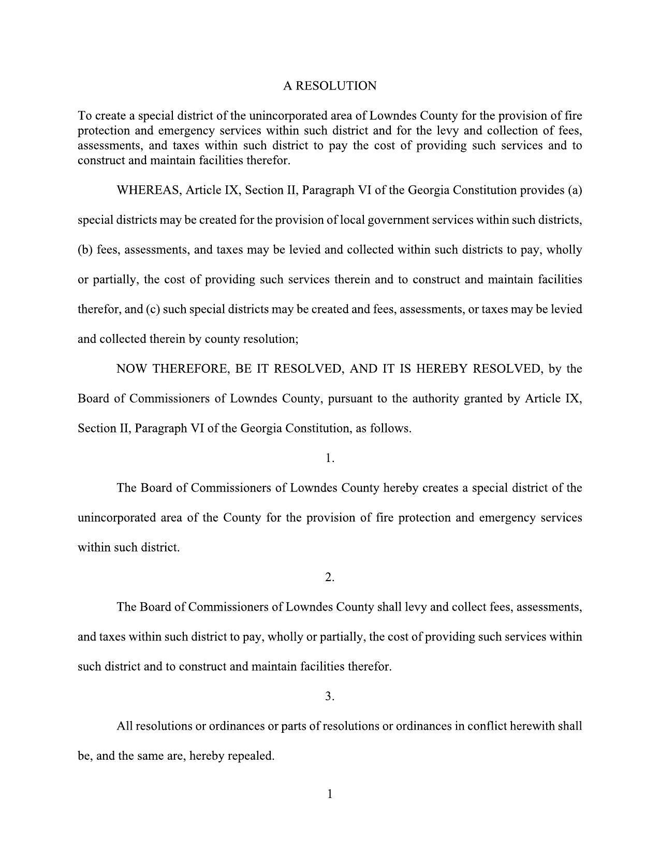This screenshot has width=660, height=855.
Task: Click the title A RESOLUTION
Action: click(x=330, y=86)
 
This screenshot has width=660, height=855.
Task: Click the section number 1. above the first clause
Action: click(x=330, y=458)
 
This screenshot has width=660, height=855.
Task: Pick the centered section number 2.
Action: click(x=330, y=577)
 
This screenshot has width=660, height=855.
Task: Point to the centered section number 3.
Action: click(x=330, y=697)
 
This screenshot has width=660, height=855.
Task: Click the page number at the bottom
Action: click(x=330, y=794)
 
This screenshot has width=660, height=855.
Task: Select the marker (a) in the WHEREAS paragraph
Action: click(x=575, y=190)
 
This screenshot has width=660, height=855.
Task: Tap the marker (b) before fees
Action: click(x=85, y=250)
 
